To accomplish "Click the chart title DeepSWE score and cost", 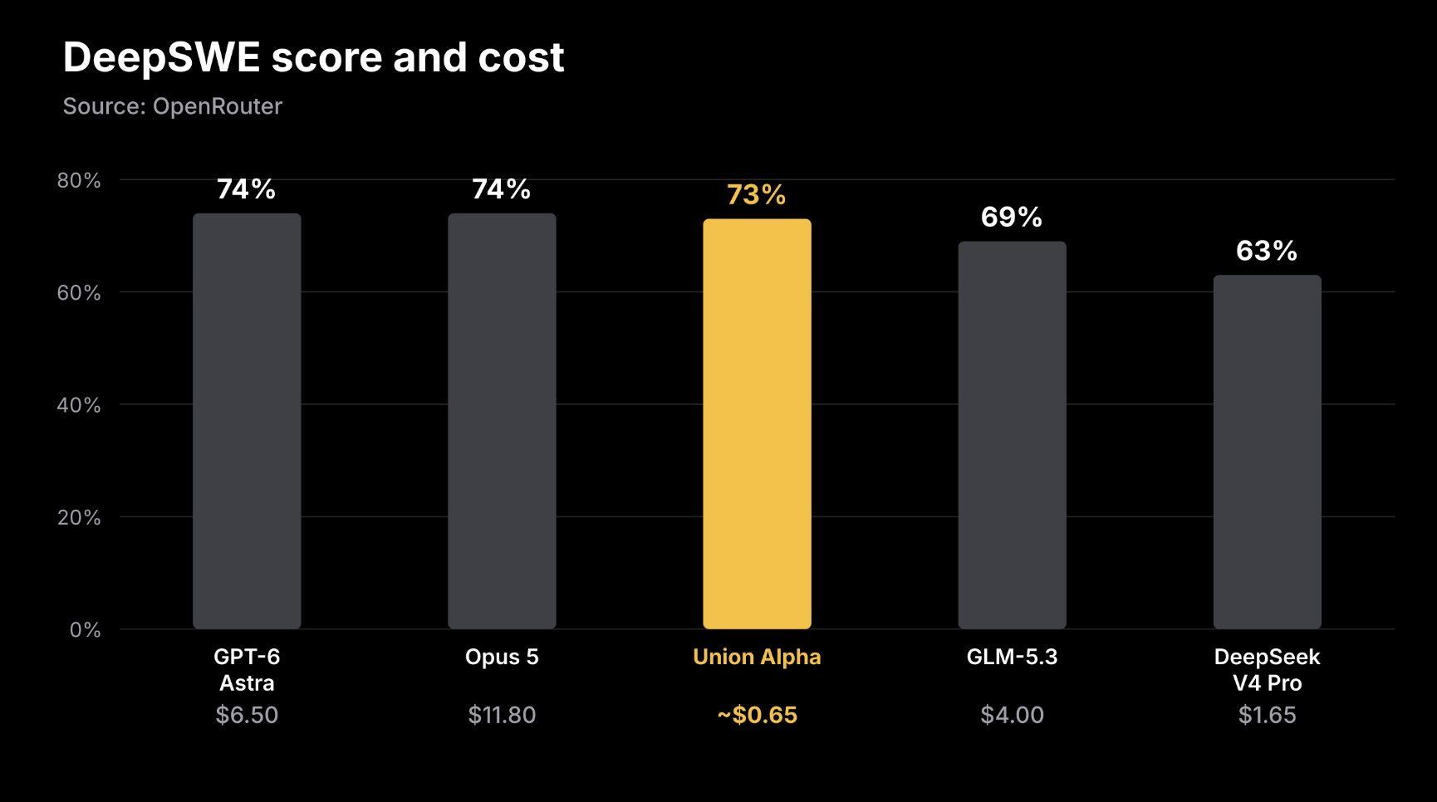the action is pyautogui.click(x=313, y=58).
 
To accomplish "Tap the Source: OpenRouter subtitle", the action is pyautogui.click(x=173, y=106).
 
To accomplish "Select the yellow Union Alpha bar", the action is pyautogui.click(x=757, y=423).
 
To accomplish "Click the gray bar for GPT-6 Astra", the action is pyautogui.click(x=247, y=421).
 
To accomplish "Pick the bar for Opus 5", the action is pyautogui.click(x=502, y=421).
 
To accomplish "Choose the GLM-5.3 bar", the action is pyautogui.click(x=1012, y=435).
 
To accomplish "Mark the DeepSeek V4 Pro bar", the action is pyautogui.click(x=1267, y=452).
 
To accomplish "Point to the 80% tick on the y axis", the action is pyautogui.click(x=79, y=180).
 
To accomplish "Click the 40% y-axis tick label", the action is pyautogui.click(x=79, y=405).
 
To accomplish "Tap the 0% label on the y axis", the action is pyautogui.click(x=85, y=630).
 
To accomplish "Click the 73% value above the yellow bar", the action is pyautogui.click(x=757, y=194).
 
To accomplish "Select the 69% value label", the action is pyautogui.click(x=1012, y=217).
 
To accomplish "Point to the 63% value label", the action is pyautogui.click(x=1267, y=251).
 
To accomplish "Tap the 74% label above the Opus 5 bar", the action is pyautogui.click(x=502, y=189).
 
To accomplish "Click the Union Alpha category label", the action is pyautogui.click(x=757, y=657).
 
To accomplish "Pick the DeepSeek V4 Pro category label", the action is pyautogui.click(x=1267, y=670).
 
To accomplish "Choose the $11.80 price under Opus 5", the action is pyautogui.click(x=502, y=715).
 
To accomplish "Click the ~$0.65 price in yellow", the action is pyautogui.click(x=757, y=715).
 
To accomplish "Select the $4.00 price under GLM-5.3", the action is pyautogui.click(x=1012, y=715).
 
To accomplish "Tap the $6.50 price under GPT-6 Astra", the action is pyautogui.click(x=247, y=715).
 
